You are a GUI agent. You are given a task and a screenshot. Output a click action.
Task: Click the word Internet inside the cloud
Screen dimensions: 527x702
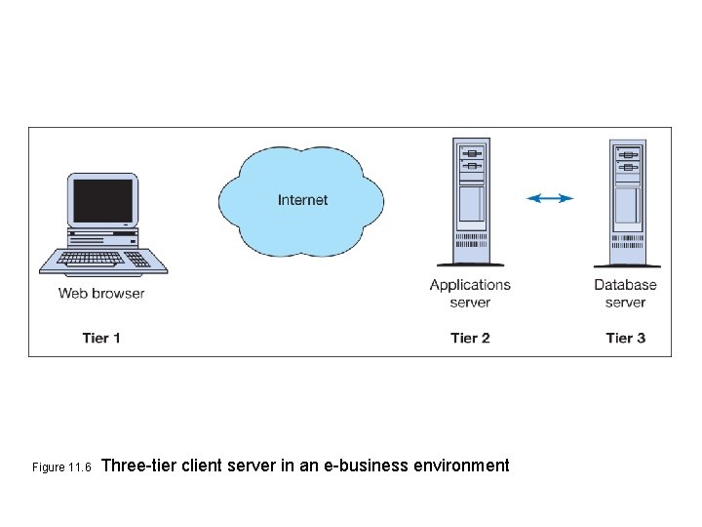[x=302, y=200]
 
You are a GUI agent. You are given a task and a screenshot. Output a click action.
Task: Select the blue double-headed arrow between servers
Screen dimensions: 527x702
[x=550, y=198]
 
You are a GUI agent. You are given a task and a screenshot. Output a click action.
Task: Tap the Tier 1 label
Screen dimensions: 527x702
[x=101, y=338]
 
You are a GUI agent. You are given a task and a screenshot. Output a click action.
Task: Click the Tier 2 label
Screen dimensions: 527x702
[x=470, y=338]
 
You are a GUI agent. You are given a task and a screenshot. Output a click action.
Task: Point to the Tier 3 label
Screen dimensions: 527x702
[x=625, y=338]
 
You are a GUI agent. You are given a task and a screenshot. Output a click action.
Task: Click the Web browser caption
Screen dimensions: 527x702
[x=101, y=293]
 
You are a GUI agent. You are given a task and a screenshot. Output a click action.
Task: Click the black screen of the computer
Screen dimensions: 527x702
[x=102, y=200]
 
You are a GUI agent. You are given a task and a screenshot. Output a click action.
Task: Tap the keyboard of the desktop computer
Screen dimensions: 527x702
[x=102, y=260]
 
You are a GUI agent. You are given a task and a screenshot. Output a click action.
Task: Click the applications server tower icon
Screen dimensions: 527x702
[x=471, y=200]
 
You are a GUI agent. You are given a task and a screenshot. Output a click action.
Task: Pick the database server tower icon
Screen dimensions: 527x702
[x=627, y=200]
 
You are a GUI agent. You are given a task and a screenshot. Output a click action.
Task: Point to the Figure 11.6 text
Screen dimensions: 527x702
[x=61, y=467]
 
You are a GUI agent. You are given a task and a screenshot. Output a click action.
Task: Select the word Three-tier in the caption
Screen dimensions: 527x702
[x=137, y=466]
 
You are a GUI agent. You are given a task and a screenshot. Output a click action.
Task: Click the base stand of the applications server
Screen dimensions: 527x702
[x=471, y=263]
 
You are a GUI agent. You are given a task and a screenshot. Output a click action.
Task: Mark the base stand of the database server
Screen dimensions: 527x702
[x=627, y=264]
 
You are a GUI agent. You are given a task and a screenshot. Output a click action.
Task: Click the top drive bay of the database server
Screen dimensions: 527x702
[x=627, y=154]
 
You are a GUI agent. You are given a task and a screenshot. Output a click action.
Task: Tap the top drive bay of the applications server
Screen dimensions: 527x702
[x=472, y=154]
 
